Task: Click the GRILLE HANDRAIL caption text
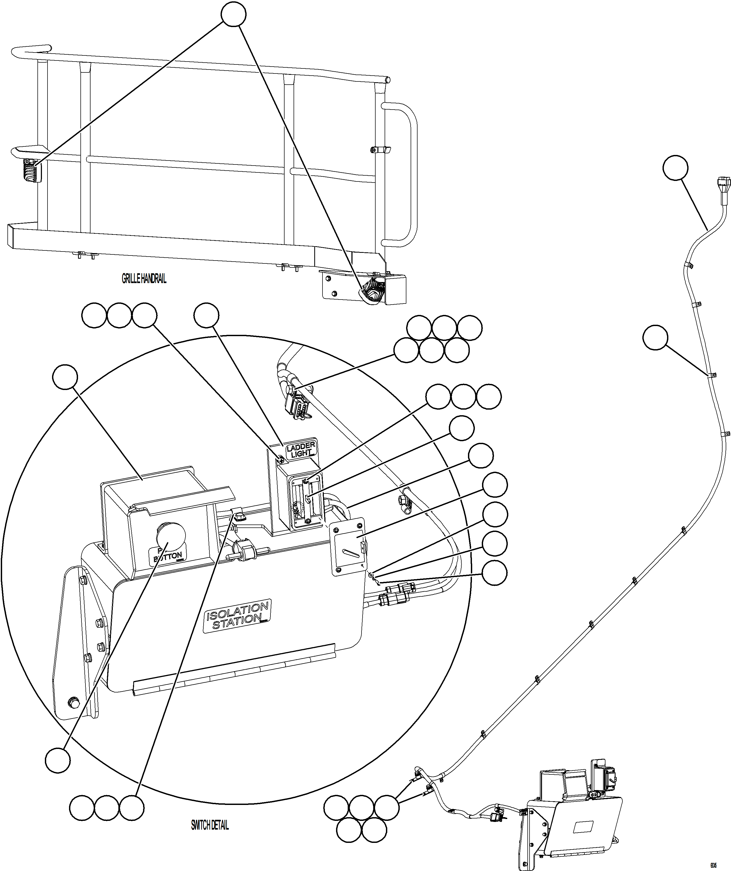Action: click(144, 279)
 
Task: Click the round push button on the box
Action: click(170, 536)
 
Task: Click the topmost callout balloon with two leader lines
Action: click(234, 14)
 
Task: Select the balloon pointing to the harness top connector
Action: click(676, 168)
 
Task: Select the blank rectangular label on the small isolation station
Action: click(583, 827)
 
